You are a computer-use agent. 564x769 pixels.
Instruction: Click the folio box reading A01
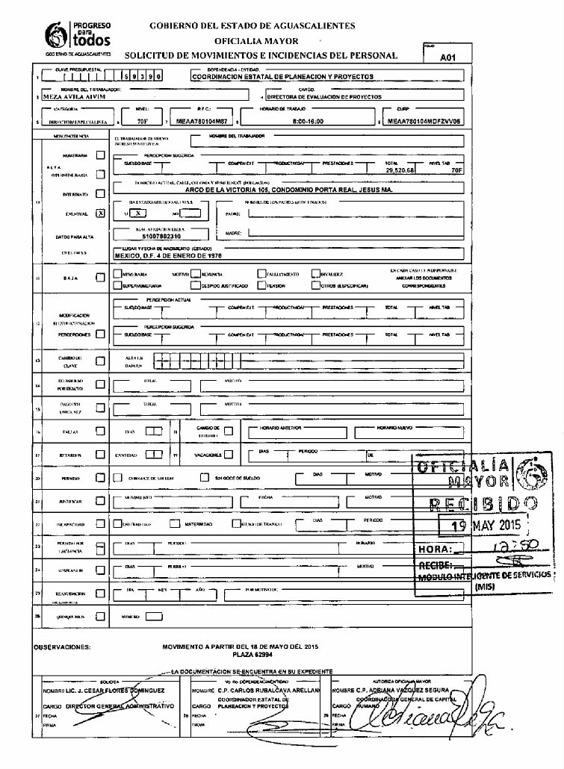coord(448,57)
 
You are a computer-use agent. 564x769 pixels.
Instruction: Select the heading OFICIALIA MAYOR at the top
coord(256,40)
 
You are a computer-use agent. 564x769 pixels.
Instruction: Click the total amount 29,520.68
coord(400,171)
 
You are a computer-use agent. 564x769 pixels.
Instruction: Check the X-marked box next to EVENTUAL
coord(101,214)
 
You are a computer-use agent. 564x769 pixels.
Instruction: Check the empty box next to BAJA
coord(101,278)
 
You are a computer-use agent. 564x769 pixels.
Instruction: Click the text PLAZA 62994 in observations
coord(240,654)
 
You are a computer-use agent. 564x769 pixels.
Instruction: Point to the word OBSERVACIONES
coord(63,646)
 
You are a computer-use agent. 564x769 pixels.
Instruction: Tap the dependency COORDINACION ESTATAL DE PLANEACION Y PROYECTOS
coord(282,76)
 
